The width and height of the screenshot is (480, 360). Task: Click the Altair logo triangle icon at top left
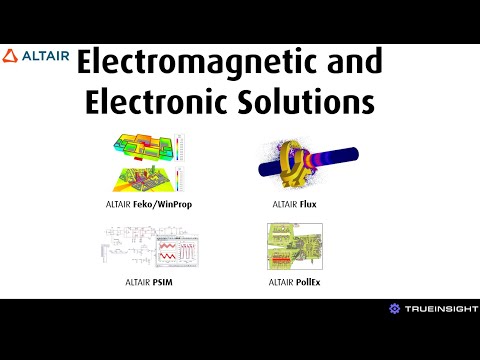(x=10, y=55)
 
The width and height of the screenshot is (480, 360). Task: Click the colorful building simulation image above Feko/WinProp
(x=144, y=160)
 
